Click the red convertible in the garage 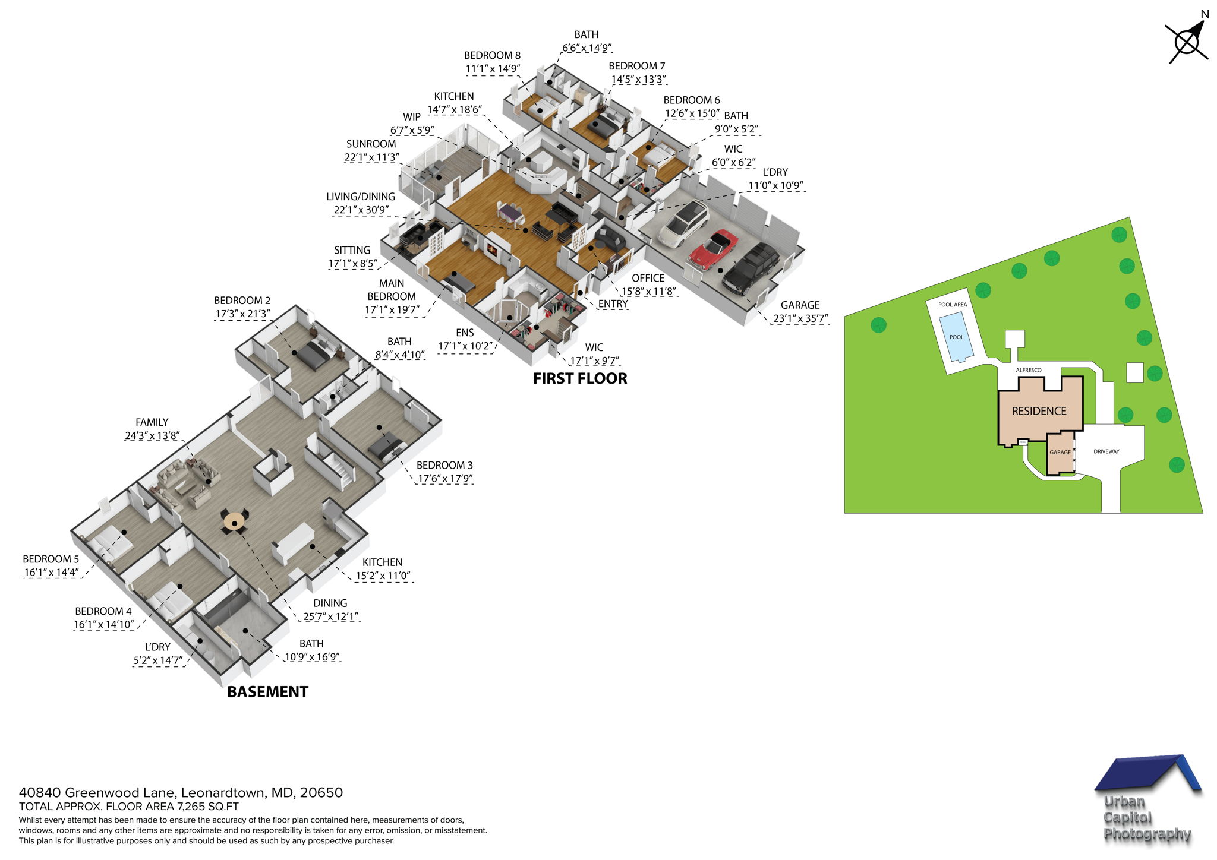[714, 249]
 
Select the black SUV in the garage [750, 268]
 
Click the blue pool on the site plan [956, 337]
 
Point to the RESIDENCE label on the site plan [1039, 411]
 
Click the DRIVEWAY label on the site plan [1106, 451]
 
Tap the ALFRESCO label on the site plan [1028, 370]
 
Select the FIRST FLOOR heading [579, 378]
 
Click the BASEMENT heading [267, 692]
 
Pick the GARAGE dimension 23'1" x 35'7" [800, 319]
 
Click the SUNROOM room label [371, 144]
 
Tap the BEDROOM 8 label [492, 56]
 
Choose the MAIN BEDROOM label [391, 290]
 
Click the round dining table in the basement [234, 521]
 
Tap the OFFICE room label [648, 278]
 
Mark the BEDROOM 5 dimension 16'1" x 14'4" [51, 573]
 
